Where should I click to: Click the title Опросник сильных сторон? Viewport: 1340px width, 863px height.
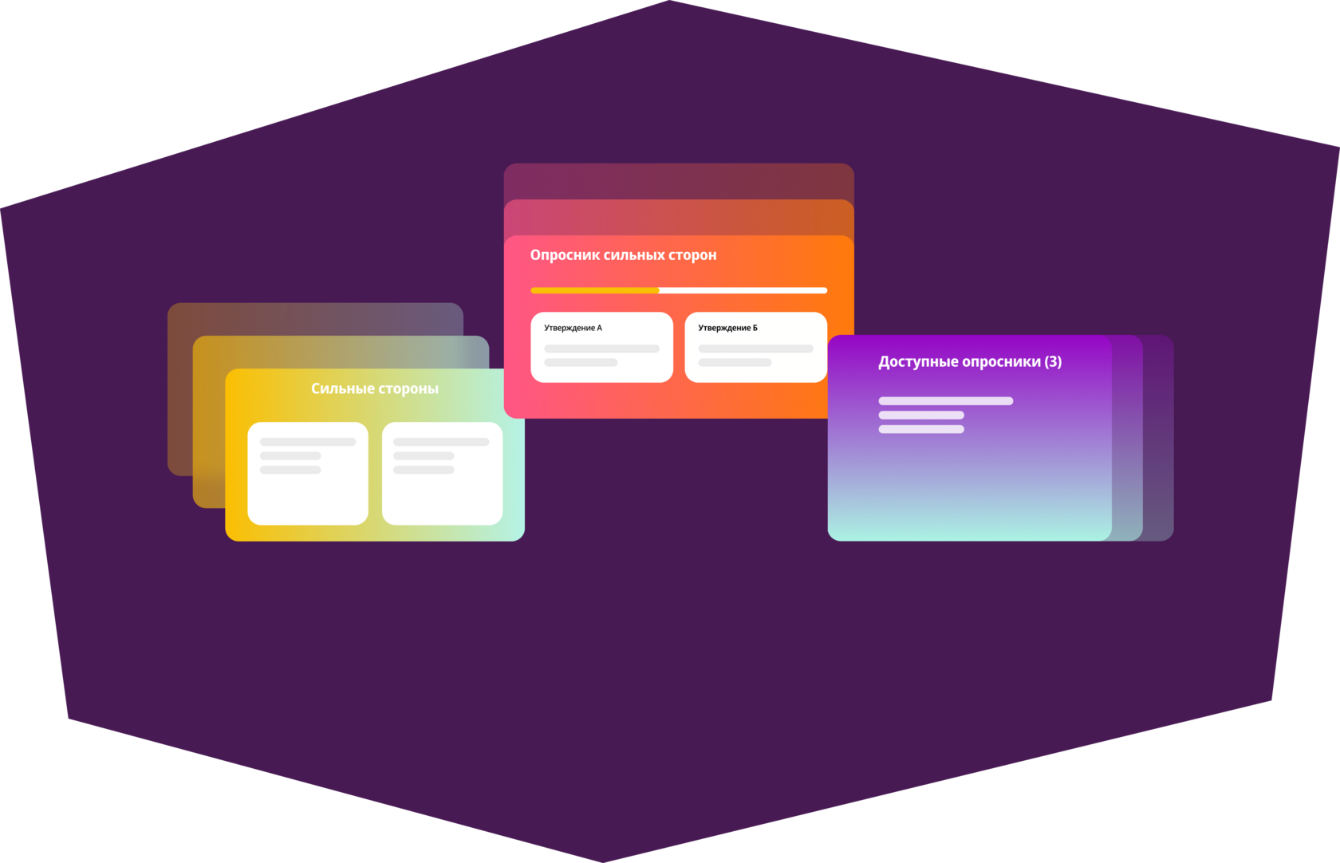[623, 255]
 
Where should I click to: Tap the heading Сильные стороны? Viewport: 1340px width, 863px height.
[374, 388]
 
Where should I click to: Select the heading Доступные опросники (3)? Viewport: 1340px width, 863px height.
[969, 362]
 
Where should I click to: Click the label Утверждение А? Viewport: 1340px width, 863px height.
[573, 328]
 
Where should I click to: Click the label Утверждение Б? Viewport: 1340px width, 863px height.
[727, 328]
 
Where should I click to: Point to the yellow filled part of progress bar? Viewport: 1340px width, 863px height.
[594, 290]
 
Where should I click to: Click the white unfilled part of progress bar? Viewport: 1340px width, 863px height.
[743, 290]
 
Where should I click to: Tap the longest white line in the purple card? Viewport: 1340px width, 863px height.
[945, 401]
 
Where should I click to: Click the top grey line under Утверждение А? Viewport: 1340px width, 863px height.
[601, 349]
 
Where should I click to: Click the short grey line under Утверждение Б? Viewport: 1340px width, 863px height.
[735, 363]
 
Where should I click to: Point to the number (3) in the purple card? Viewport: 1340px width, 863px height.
[1053, 362]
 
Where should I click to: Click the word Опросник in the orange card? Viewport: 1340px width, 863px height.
[565, 255]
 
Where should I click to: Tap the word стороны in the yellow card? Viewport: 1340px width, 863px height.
[408, 388]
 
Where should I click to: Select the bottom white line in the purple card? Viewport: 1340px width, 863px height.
[921, 429]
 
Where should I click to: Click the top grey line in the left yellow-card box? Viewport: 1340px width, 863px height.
[308, 442]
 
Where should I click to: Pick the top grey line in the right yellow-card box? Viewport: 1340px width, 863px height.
[441, 442]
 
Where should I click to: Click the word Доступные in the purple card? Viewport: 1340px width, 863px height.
[918, 362]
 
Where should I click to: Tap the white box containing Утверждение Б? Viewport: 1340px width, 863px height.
[755, 347]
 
